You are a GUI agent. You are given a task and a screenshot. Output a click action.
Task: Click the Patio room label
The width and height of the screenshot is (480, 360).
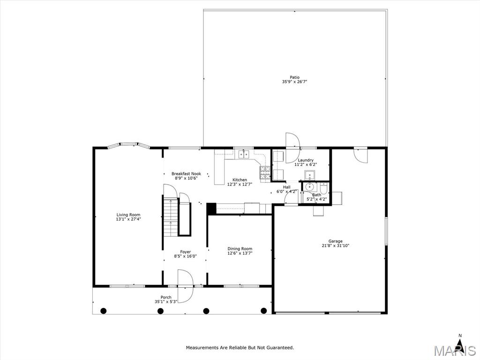tap(294, 77)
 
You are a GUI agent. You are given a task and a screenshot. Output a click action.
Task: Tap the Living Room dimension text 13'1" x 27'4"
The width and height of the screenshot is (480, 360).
tap(128, 219)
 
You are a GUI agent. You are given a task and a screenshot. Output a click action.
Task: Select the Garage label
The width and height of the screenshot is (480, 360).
tap(335, 241)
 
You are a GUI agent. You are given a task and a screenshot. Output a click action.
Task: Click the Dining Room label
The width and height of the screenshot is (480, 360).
tap(240, 248)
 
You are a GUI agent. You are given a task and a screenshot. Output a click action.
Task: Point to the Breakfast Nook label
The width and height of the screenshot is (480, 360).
tap(186, 173)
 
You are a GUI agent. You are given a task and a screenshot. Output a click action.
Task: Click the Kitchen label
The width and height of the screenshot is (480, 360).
tap(240, 180)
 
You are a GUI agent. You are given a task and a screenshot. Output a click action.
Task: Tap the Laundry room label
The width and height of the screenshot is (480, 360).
tap(306, 160)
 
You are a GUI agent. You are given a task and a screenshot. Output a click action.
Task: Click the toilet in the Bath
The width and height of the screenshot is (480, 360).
tap(324, 188)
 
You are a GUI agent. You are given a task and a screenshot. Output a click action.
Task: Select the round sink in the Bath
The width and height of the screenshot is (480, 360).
tap(309, 187)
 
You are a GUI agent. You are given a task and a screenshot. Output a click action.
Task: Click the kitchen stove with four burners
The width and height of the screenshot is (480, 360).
tap(265, 172)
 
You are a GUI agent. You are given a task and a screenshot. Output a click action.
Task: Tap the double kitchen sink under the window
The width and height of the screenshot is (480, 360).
tap(244, 154)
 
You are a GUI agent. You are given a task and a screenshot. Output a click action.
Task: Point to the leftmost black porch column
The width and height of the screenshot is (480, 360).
tap(104, 311)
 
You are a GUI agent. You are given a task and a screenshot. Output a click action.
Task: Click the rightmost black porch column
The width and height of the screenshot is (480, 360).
tap(263, 311)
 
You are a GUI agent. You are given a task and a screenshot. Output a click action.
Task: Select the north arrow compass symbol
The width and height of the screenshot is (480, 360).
tap(459, 342)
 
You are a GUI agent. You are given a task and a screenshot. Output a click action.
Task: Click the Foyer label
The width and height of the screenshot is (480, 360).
tap(185, 252)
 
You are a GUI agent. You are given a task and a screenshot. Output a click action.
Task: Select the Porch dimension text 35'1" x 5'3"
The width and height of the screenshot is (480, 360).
tap(166, 301)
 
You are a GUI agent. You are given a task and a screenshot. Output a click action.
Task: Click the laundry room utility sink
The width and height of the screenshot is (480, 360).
tap(309, 175)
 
